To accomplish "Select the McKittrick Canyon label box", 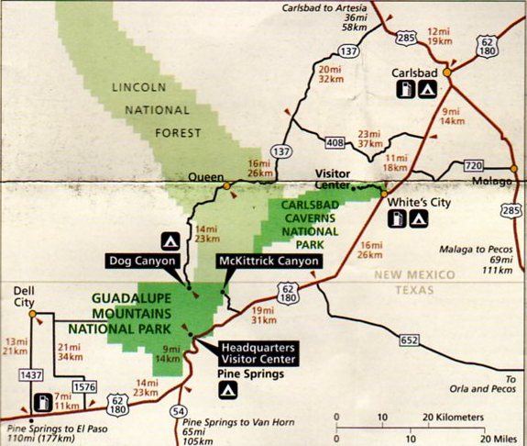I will [269, 262].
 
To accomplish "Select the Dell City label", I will [30, 295].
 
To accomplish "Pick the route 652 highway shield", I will [409, 340].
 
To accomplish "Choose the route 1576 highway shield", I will [82, 385].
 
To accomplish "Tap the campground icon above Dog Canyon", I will [170, 241].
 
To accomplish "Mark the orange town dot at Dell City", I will [32, 314].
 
